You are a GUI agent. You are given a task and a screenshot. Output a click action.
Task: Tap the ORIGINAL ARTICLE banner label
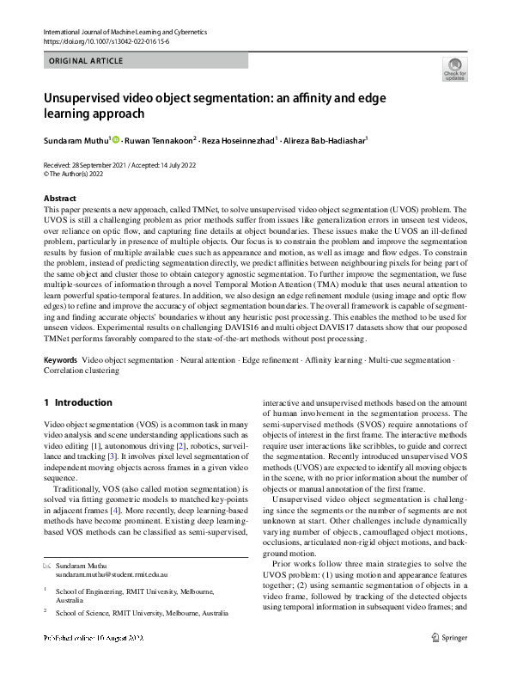[x=87, y=61]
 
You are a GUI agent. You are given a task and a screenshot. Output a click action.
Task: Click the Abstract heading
[x=59, y=199]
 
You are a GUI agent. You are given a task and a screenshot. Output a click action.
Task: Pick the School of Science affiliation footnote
[x=142, y=613]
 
